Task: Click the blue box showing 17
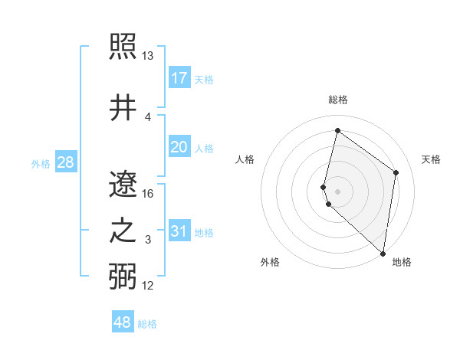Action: coord(179,78)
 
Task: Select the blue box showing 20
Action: coord(179,147)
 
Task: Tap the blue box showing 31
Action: coord(179,232)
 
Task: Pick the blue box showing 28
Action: coord(65,162)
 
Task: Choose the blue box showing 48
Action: coord(123,322)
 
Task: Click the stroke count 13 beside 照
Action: coord(148,57)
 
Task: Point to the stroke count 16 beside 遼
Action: coord(148,193)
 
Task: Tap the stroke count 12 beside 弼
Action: coord(148,285)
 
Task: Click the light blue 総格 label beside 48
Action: coord(148,324)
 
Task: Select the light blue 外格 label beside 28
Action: coord(41,164)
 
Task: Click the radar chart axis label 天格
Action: coord(431,159)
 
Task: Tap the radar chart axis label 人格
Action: coord(245,159)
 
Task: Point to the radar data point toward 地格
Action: coord(383,254)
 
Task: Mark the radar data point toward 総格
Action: coord(337,131)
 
